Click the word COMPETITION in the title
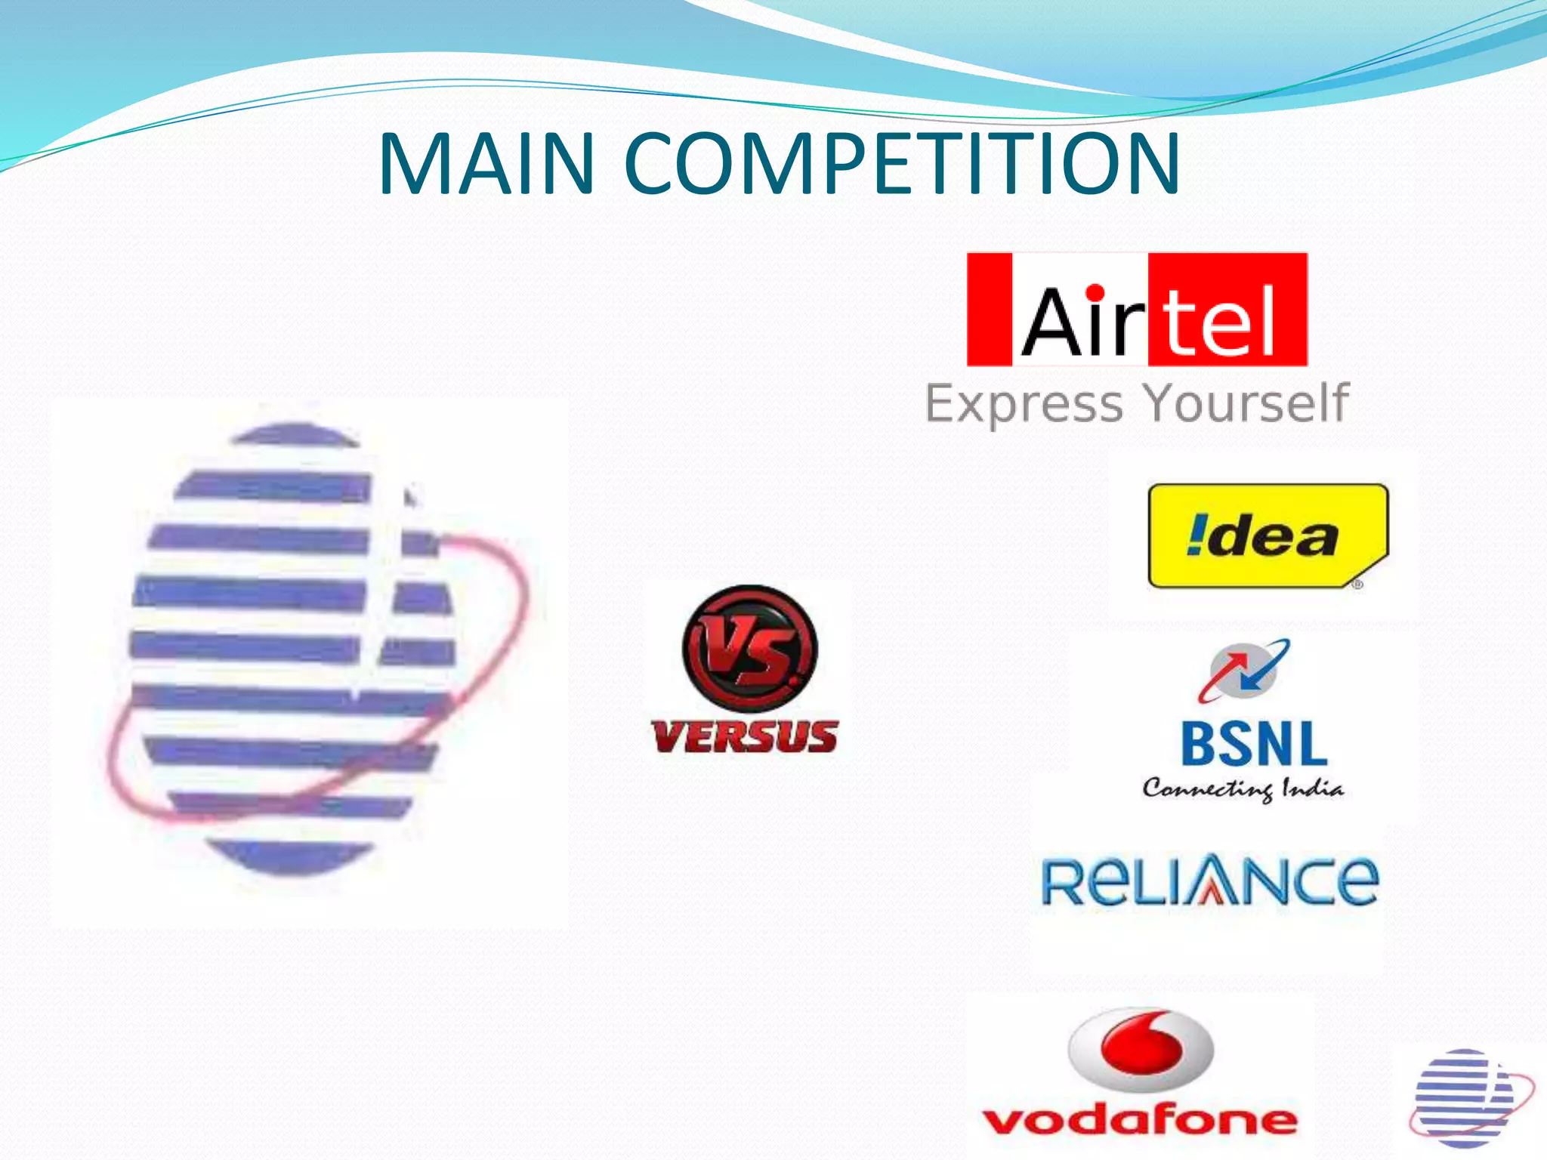tap(902, 164)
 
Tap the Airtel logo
tap(1137, 310)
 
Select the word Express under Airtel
tap(1024, 403)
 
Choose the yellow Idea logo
tap(1268, 536)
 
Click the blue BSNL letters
tap(1254, 745)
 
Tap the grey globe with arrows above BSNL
tap(1243, 671)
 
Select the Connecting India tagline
tap(1243, 789)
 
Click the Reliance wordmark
tap(1209, 881)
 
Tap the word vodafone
tap(1140, 1119)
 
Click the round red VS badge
tap(749, 649)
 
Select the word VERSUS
tap(746, 736)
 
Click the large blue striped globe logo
tap(302, 649)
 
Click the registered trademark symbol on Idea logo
tap(1357, 584)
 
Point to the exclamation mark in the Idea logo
tap(1196, 535)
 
